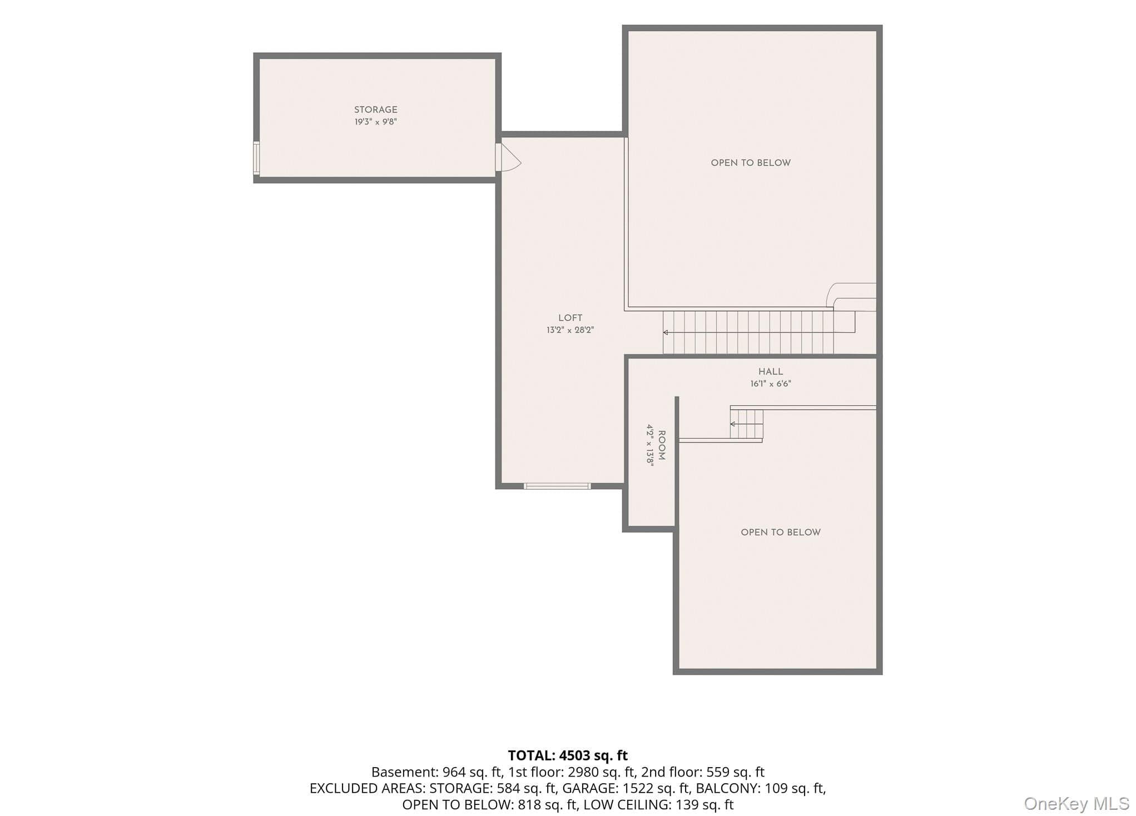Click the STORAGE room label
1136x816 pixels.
tap(376, 110)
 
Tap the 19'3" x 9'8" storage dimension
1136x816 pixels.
tap(376, 122)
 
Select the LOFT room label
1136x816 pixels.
tap(571, 318)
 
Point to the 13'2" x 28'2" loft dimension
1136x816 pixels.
tap(571, 330)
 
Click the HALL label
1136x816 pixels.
tap(771, 371)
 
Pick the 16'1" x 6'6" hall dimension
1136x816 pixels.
tap(771, 384)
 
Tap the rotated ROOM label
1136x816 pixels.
tap(662, 445)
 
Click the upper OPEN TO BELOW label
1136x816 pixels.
tap(751, 163)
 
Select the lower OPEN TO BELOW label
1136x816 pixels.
tap(781, 533)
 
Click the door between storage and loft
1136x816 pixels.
tap(507, 157)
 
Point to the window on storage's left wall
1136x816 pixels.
tap(256, 158)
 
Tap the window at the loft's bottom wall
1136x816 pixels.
tap(557, 486)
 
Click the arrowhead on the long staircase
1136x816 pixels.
tap(666, 332)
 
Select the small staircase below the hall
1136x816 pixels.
tap(746, 424)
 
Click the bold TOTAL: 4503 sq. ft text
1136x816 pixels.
tap(568, 755)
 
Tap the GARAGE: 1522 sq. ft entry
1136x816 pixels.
tap(625, 788)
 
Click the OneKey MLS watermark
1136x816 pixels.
tap(1077, 804)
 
